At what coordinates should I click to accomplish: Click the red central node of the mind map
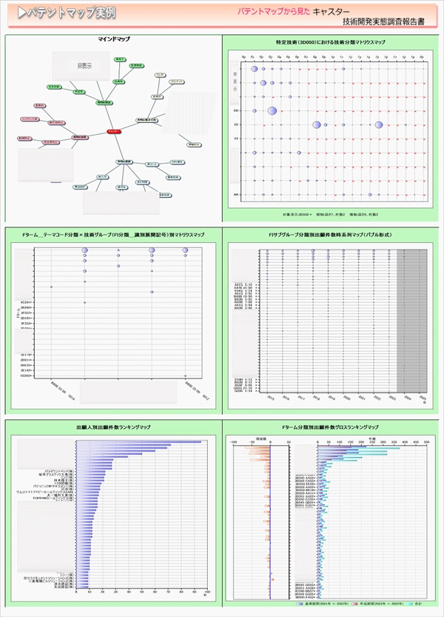112,131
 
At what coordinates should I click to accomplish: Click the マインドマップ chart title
113,39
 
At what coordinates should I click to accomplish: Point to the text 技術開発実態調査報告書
383,23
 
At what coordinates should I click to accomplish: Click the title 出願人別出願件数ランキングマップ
113,428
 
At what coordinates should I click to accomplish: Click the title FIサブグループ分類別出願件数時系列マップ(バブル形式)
329,235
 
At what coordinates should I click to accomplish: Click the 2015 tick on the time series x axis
271,397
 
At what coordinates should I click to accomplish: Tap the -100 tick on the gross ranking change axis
235,439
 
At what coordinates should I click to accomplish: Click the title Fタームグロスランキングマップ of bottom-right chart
329,428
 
